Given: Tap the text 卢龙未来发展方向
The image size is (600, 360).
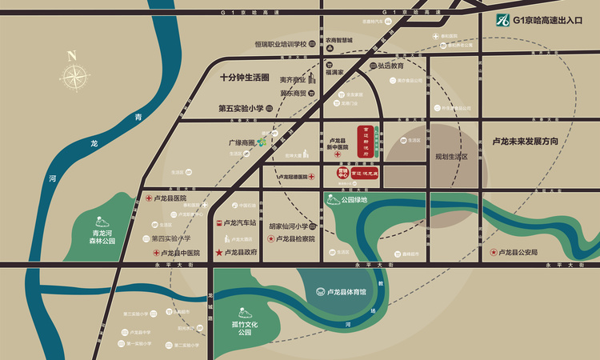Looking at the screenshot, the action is (x=524, y=141).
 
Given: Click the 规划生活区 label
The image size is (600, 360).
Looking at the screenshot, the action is (x=450, y=157).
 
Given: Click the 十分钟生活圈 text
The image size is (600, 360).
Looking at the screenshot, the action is (x=244, y=78).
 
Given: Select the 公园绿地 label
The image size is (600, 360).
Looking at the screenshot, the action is (x=353, y=200).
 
